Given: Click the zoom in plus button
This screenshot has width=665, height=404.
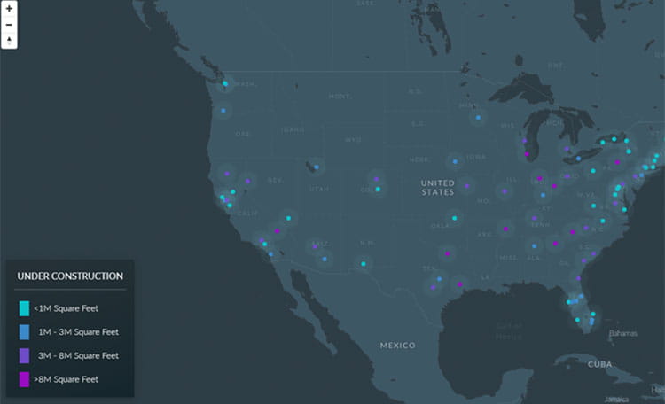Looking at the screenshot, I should pos(9,9).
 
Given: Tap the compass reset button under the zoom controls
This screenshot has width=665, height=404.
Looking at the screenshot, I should pos(9,39).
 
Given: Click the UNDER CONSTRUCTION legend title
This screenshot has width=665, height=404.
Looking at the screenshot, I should pos(70,276).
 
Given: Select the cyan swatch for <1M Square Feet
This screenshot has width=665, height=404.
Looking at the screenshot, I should pos(24,308).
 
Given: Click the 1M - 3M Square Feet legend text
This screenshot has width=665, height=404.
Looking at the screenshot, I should pos(78,332).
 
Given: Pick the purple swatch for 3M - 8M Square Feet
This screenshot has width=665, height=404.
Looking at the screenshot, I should pos(24,355).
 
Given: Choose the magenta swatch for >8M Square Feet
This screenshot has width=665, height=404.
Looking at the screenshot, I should pos(24,379).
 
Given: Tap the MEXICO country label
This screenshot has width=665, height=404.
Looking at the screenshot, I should pos(397,344).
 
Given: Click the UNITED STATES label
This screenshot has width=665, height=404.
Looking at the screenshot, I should pos(437,187).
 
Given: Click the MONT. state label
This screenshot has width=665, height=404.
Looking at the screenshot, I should pos(340,96).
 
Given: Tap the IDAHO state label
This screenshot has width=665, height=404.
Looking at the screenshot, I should pos(293,129).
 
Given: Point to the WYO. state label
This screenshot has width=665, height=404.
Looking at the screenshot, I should pos(353,139).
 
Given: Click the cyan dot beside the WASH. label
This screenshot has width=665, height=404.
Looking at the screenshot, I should pos(225,84).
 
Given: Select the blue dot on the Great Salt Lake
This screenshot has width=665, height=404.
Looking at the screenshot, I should pos(316,166).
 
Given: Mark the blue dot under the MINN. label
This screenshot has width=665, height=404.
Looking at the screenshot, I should pos(479,117).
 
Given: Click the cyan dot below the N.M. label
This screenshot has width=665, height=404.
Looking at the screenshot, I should pos(363,263).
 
